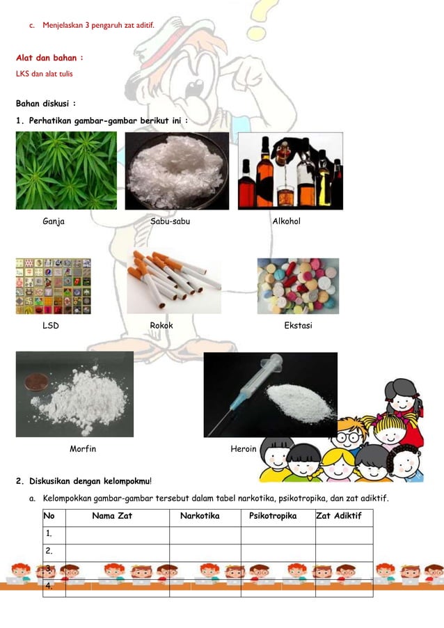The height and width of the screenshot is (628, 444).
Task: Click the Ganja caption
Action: coord(54,221)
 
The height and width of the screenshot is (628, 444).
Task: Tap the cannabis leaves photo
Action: coord(67,171)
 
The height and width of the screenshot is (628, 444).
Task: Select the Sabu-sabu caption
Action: coord(170,221)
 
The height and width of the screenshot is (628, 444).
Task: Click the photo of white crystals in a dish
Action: coord(177,171)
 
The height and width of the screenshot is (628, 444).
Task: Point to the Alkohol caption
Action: coord(286,221)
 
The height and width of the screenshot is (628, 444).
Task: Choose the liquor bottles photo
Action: coord(290,171)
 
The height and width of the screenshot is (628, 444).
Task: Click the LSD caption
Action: coord(51,326)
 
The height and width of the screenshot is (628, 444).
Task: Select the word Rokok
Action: coord(161,326)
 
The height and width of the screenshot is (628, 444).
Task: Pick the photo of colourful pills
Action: coord(298,286)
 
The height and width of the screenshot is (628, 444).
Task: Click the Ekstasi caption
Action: coord(298,326)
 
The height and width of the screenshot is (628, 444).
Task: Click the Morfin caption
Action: coord(83,449)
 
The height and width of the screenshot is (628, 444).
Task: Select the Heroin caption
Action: coord(244,449)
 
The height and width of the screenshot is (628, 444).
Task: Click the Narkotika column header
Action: coord(200,517)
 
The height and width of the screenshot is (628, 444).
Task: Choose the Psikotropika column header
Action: coord(273,517)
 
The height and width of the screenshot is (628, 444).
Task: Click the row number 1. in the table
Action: coord(49,534)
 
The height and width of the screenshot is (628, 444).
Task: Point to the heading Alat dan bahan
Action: coord(50,58)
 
